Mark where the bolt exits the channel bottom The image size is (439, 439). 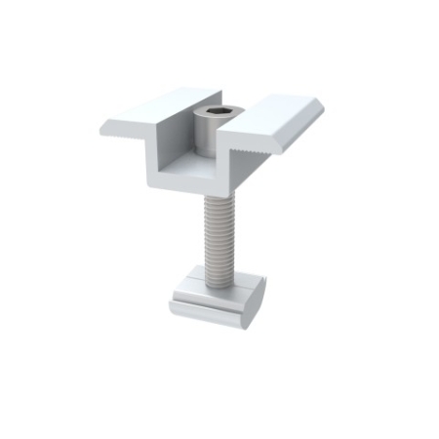pos(216,192)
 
